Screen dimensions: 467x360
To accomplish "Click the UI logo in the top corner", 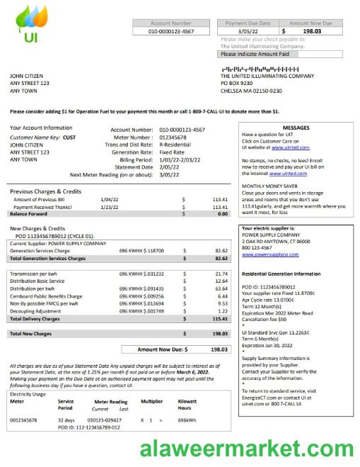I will tap(30, 26).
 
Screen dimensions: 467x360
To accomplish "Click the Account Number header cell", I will tap(170, 23).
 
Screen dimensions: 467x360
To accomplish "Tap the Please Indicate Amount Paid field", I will tap(281, 54).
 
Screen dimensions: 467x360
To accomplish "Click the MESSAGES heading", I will tap(296, 128).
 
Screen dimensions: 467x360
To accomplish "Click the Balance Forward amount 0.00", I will tap(223, 213).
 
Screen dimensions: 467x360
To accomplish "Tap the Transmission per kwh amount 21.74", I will tap(221, 274).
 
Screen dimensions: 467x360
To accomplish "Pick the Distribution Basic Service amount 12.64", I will tap(221, 281).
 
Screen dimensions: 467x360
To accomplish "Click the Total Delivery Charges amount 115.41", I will tap(220, 319).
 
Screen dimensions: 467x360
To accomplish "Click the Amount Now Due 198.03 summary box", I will tap(177, 349).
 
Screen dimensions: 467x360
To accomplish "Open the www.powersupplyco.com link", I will tap(269, 254).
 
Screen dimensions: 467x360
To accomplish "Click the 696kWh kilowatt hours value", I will tap(187, 420).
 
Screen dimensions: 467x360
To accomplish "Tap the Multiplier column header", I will tap(151, 401).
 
